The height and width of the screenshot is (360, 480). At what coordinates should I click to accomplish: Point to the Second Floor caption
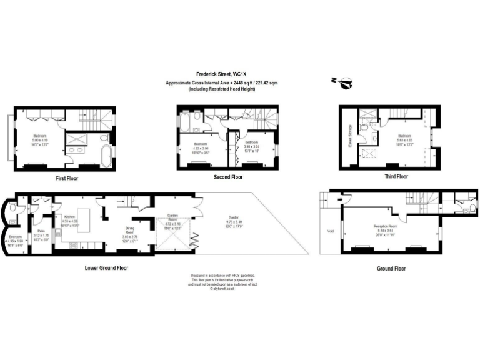227,177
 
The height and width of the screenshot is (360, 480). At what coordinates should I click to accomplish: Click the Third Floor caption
396,176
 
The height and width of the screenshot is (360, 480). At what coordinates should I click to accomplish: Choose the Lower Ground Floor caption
106,267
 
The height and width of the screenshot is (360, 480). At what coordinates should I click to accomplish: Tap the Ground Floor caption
391,268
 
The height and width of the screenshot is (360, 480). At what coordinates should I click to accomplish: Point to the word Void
330,230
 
